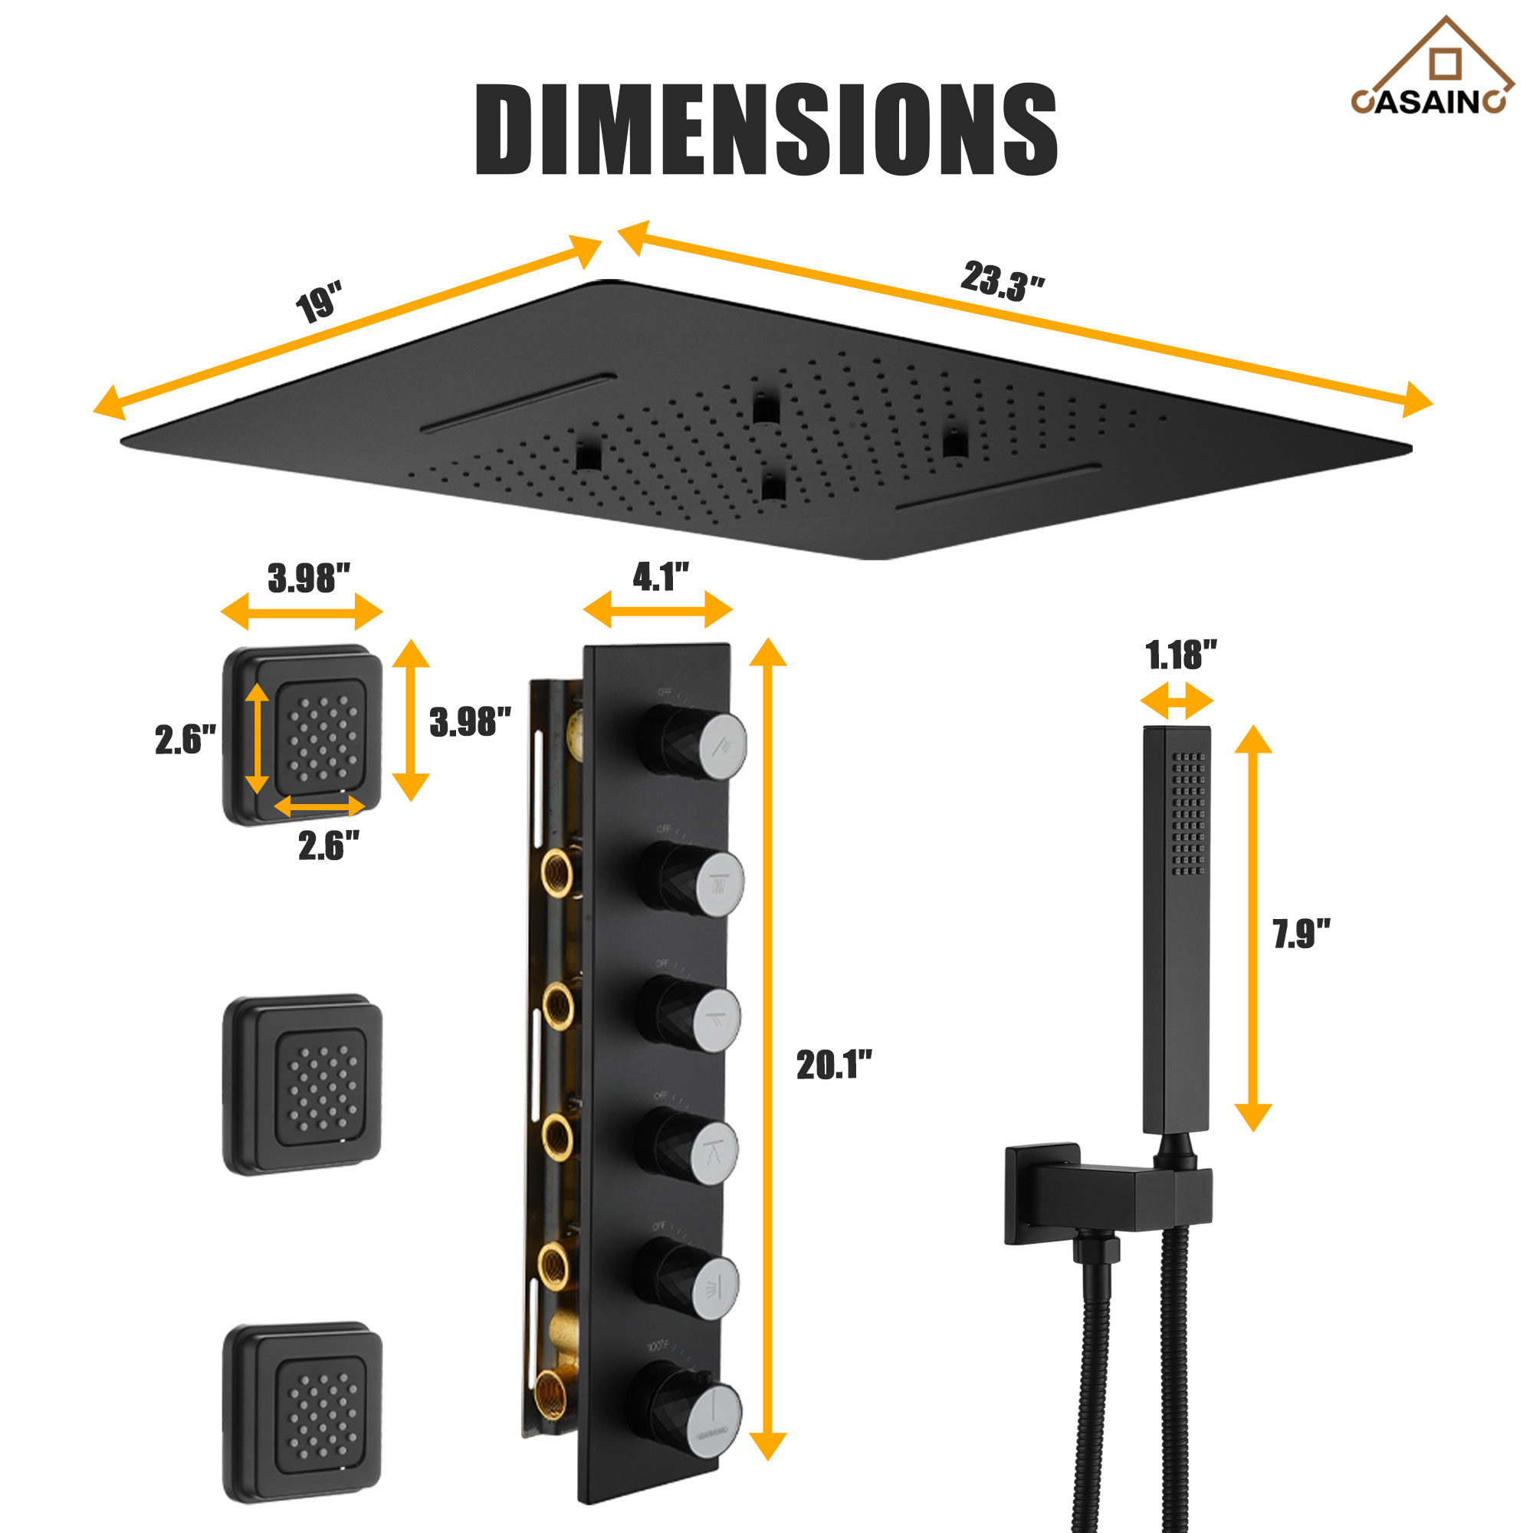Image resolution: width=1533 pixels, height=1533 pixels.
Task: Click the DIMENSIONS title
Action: click(x=766, y=130)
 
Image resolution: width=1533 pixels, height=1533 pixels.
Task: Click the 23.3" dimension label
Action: click(x=1002, y=281)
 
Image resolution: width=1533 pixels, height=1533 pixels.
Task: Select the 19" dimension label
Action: click(x=319, y=302)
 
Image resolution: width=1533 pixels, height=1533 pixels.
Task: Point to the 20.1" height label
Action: click(x=834, y=1065)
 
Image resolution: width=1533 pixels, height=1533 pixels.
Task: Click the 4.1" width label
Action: click(x=660, y=577)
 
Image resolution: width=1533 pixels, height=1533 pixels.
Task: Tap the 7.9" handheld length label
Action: click(x=1302, y=934)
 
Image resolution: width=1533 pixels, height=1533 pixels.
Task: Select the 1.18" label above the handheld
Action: click(x=1180, y=655)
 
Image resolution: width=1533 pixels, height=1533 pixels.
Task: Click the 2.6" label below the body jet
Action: click(x=329, y=846)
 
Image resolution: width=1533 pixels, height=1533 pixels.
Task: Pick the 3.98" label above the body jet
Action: click(x=309, y=578)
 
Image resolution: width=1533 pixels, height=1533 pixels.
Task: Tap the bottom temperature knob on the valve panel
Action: click(x=713, y=1421)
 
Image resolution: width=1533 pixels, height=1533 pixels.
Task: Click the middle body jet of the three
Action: click(x=302, y=1084)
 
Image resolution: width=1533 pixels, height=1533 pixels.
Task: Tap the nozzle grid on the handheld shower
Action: click(x=1188, y=813)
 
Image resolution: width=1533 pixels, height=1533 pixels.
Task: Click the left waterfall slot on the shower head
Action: click(x=517, y=403)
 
